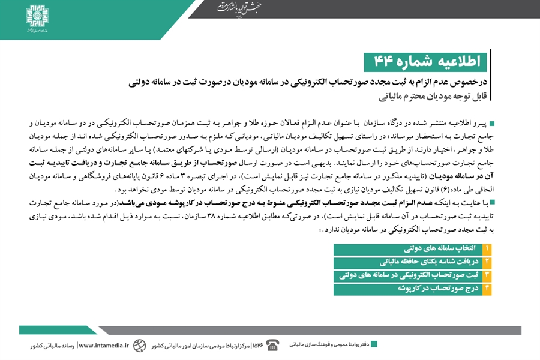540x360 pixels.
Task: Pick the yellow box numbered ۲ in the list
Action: (487, 262)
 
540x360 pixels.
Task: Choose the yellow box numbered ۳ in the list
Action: (487, 275)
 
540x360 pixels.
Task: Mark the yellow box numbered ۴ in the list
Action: (487, 289)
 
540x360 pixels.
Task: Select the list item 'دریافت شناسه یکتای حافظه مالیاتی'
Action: (420, 262)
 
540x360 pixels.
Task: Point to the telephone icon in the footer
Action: (273, 344)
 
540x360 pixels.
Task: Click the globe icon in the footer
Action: (139, 345)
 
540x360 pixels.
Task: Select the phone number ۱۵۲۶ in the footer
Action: (258, 345)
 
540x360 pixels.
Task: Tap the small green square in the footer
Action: (374, 344)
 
